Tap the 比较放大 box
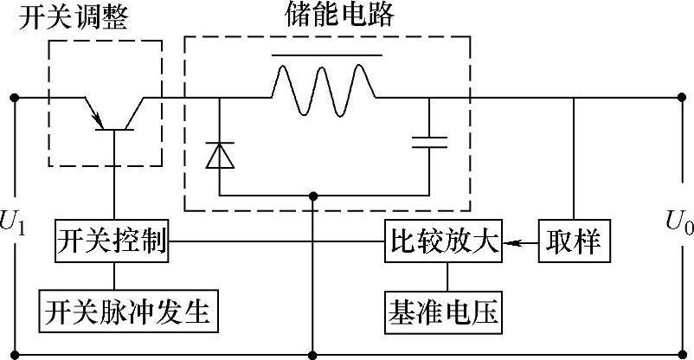click(x=442, y=243)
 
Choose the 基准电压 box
click(x=442, y=311)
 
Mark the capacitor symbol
click(x=430, y=140)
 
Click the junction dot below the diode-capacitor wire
click(x=312, y=196)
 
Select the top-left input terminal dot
click(x=15, y=97)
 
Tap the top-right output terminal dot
click(x=678, y=97)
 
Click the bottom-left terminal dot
click(x=15, y=353)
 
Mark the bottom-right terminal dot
click(x=678, y=353)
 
